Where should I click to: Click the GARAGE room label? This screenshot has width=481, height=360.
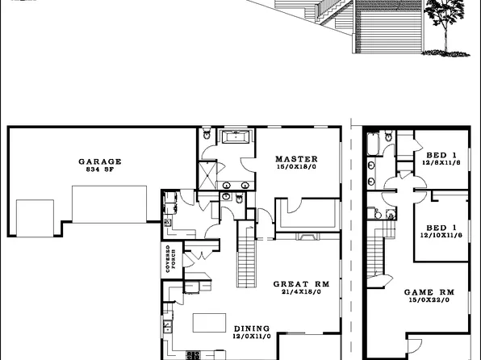point(99,161)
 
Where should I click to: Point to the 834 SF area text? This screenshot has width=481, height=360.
point(100,170)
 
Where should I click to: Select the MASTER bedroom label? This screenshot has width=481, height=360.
point(295,158)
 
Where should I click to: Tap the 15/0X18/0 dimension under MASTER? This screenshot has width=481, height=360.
point(295,167)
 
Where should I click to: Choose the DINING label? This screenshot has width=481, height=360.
point(252,328)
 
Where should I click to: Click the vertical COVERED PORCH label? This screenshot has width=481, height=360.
point(170,258)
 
